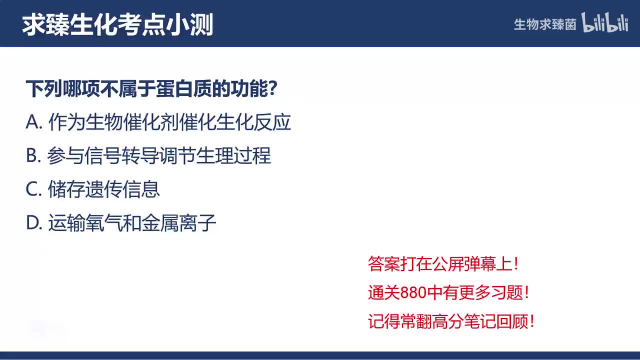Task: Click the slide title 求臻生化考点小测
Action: pos(118,24)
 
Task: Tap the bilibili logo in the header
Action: pos(604,23)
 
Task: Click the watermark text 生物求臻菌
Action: pos(545,24)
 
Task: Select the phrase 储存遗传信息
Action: pos(104,189)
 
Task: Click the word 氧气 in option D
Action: pos(104,223)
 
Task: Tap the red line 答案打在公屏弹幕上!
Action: pos(443,264)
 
